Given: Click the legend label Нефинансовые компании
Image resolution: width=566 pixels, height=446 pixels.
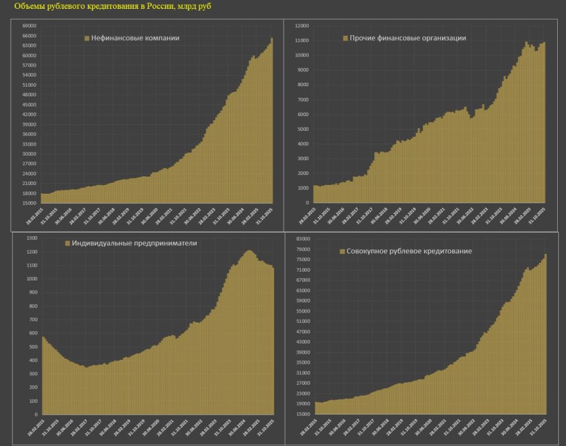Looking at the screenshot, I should click(x=135, y=38).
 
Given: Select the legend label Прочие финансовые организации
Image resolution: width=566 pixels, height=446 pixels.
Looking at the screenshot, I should click(x=407, y=38).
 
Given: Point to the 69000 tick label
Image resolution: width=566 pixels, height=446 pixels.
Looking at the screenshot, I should click(x=29, y=26).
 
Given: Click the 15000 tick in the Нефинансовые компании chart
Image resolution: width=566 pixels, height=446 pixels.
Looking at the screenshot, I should click(x=29, y=203).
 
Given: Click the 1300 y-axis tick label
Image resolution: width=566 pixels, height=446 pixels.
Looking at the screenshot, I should click(x=31, y=238).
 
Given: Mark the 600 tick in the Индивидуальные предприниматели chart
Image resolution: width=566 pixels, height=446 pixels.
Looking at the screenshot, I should click(x=32, y=333).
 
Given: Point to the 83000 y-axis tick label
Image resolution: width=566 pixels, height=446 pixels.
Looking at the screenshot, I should click(x=303, y=239).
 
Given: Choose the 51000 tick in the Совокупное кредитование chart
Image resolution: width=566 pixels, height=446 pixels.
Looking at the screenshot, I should click(x=303, y=322).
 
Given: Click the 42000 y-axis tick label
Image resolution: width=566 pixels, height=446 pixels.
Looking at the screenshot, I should click(x=29, y=114).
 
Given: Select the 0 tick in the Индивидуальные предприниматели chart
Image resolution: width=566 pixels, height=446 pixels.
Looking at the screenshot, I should click(x=35, y=414).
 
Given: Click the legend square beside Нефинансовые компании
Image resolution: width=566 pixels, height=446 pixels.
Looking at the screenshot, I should click(x=87, y=38).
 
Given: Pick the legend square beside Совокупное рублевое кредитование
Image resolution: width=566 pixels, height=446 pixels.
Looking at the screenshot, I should click(x=342, y=252).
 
